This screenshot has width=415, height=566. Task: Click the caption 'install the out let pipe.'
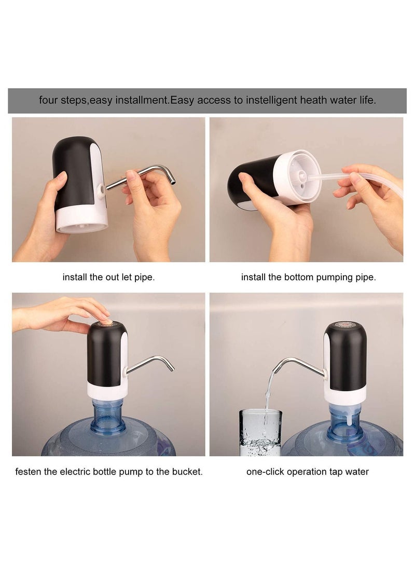coord(108,277)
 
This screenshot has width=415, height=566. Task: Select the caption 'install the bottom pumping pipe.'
coord(308,277)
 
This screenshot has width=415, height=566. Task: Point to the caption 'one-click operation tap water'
coord(308,472)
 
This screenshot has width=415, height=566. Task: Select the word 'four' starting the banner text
coord(49,101)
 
